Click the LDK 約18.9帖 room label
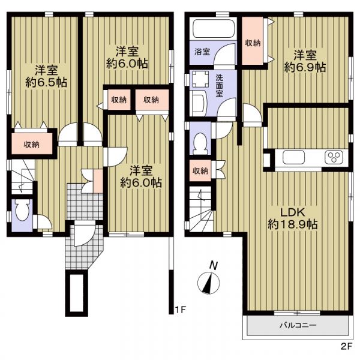(293, 218)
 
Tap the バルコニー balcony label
(298, 325)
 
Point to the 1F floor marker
(180, 310)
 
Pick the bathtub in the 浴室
(213, 29)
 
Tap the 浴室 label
(202, 52)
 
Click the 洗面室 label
(219, 86)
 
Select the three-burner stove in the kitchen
(334, 157)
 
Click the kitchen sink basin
(293, 157)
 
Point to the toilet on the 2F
(200, 143)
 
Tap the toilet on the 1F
(23, 210)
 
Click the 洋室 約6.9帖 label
(305, 61)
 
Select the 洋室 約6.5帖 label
(46, 76)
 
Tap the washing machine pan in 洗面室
(200, 79)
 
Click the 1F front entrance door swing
(84, 233)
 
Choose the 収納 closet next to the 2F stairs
(200, 170)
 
